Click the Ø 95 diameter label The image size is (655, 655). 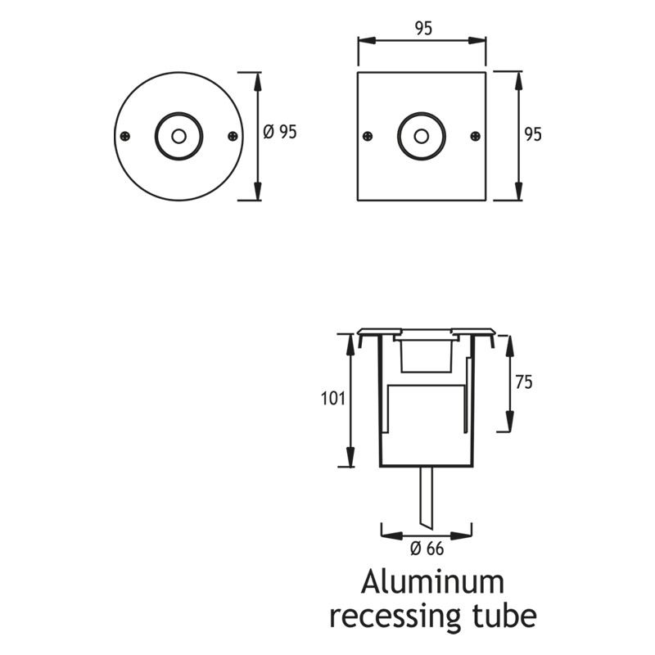click(281, 132)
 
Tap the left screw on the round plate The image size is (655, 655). click(124, 135)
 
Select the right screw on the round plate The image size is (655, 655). click(233, 135)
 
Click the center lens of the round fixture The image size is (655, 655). click(178, 135)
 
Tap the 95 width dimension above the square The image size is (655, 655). click(422, 29)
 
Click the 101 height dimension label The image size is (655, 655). click(331, 400)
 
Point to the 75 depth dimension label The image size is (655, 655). click(525, 382)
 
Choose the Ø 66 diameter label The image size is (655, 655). click(426, 548)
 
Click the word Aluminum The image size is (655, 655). click(434, 582)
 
